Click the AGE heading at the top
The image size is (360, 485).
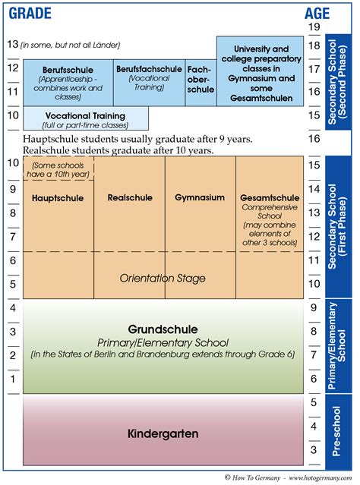tap(317, 13)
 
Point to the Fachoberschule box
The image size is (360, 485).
tap(201, 79)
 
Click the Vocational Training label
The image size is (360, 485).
tap(85, 116)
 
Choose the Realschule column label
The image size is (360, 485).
tap(130, 198)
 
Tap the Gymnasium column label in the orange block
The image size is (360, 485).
tap(200, 198)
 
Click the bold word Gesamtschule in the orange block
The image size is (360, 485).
tap(270, 197)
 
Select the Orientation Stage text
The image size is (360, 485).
tap(163, 279)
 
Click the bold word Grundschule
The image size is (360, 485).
tap(163, 329)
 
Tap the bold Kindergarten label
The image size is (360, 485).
tap(163, 433)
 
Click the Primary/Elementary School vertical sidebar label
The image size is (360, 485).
tap(339, 346)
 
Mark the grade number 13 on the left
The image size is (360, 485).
tap(11, 44)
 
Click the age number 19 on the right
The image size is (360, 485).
tap(314, 27)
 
